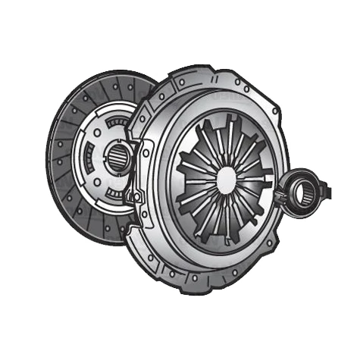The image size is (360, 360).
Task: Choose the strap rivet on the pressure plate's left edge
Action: (x=136, y=199)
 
